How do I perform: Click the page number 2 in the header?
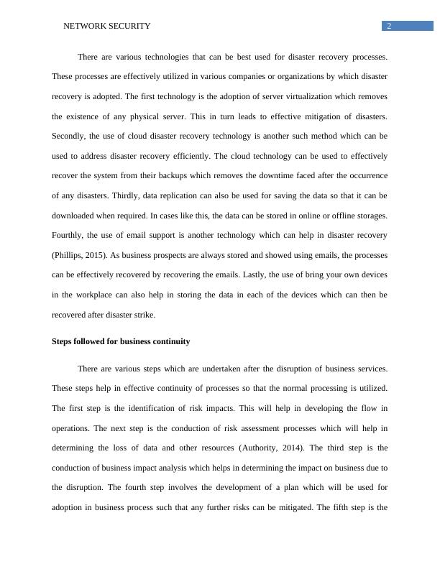tap(389, 26)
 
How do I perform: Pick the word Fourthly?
tap(71, 235)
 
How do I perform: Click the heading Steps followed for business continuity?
tap(121, 341)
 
